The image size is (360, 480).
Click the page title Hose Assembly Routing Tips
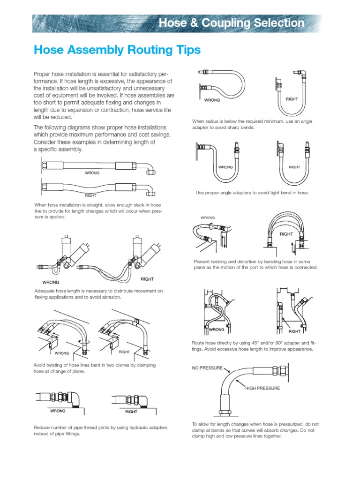click(117, 50)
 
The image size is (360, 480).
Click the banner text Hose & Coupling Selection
click(231, 22)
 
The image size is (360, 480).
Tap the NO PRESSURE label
click(207, 368)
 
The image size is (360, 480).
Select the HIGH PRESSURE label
click(262, 388)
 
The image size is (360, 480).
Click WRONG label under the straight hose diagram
click(92, 172)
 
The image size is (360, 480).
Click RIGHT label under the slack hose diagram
click(90, 195)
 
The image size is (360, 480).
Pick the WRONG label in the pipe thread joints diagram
click(58, 411)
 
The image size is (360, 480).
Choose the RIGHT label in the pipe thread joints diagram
click(131, 412)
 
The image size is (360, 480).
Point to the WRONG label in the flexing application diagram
click(51, 282)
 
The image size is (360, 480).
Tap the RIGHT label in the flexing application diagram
click(147, 279)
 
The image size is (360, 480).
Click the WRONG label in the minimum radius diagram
click(212, 100)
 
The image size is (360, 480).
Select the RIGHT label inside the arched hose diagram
click(286, 233)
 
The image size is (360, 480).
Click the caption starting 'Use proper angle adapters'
click(252, 193)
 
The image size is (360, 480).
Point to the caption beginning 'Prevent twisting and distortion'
click(255, 264)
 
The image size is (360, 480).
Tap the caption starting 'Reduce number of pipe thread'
click(100, 430)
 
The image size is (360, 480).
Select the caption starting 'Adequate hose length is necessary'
click(98, 294)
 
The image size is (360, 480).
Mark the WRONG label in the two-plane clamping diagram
click(62, 352)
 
